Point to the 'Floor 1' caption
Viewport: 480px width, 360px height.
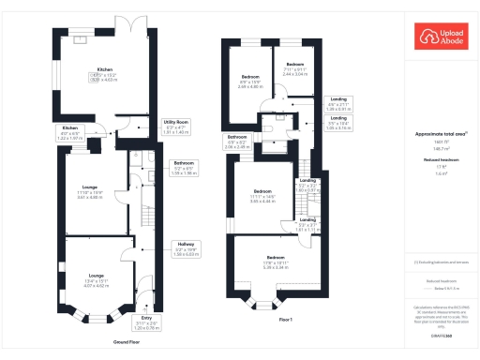(x=286, y=321)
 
